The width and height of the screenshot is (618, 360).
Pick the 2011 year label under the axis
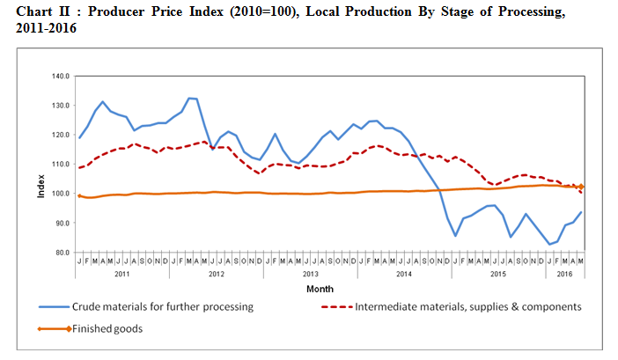click(x=123, y=274)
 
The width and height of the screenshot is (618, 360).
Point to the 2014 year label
click(x=404, y=274)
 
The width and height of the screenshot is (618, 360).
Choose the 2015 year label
click(x=497, y=274)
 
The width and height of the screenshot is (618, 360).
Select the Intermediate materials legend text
click(x=467, y=307)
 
